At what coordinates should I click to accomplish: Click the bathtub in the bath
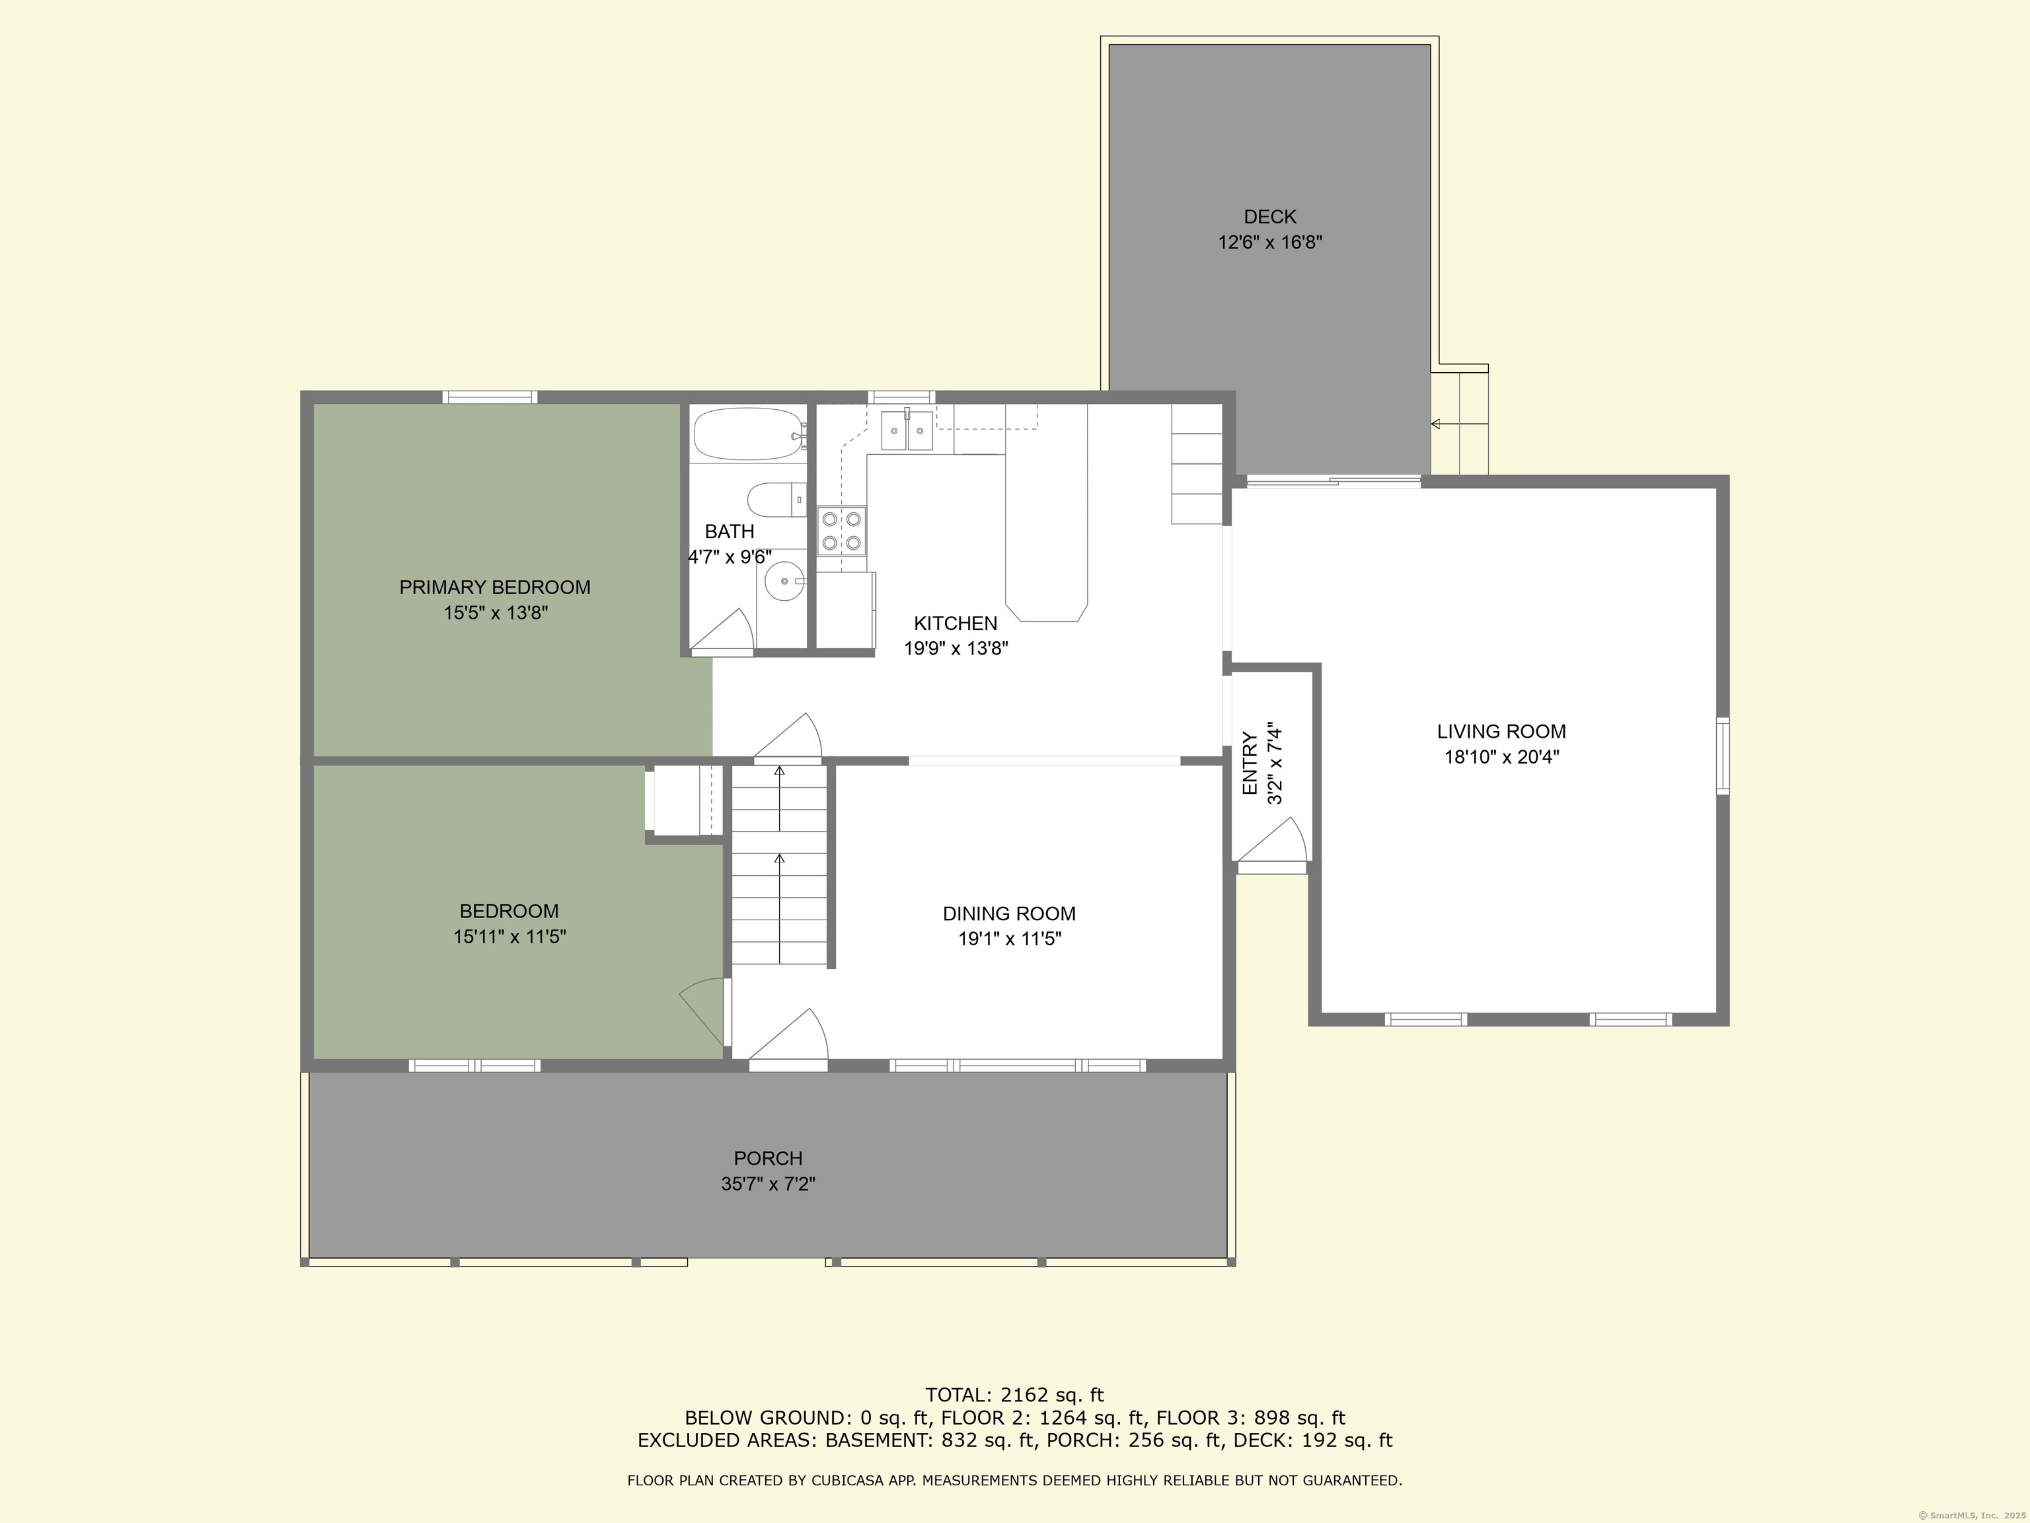coord(747,434)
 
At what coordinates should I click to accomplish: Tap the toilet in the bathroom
coord(774,500)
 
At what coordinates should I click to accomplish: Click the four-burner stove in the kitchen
coord(842,531)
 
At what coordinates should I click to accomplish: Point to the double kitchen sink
coord(907,430)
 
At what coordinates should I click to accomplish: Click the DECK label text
coord(1269,217)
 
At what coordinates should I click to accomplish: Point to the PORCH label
coord(767,1159)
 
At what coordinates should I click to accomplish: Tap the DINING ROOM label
coord(1008,914)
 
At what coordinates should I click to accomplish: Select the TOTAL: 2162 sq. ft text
coord(1014,1395)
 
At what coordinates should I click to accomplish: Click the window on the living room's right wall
coord(1723,756)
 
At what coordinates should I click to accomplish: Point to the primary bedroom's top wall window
coord(490,397)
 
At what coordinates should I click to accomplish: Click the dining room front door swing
coord(794,1036)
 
